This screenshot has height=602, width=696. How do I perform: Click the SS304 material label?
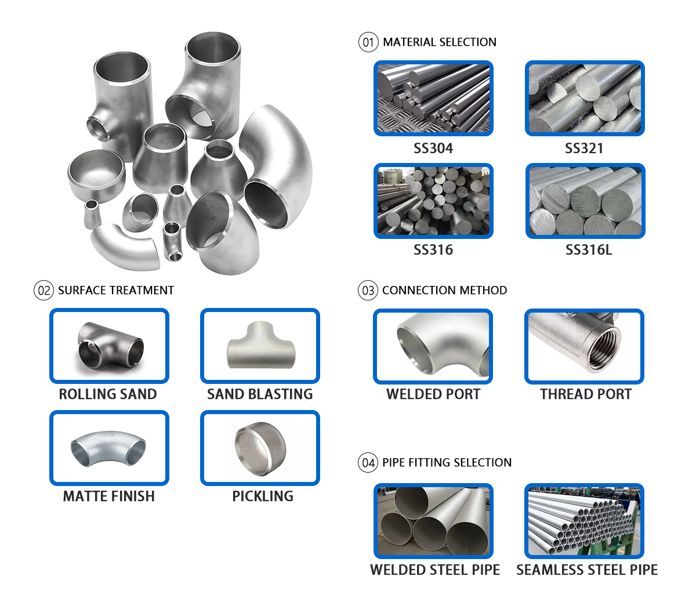tap(433, 148)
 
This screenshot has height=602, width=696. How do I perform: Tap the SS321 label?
tap(584, 148)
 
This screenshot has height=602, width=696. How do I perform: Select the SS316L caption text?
tap(588, 250)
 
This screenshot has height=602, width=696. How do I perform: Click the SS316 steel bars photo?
tap(433, 201)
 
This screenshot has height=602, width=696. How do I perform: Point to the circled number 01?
tap(368, 42)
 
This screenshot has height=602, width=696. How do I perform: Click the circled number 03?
tap(368, 291)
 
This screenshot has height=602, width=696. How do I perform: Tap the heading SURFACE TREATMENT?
tap(116, 291)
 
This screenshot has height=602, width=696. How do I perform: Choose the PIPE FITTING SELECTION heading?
tap(447, 463)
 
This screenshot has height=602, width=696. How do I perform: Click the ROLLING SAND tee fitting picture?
tap(109, 346)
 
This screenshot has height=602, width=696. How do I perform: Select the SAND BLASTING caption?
tap(260, 394)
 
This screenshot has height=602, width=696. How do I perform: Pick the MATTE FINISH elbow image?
tap(109, 448)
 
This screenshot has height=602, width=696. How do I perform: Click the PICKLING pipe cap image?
tap(260, 448)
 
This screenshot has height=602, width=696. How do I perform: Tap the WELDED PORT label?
tap(433, 394)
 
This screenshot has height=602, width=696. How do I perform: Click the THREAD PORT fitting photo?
tap(584, 346)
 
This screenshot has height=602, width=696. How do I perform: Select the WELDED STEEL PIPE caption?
tap(435, 570)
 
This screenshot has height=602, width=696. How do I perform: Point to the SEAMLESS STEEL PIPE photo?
tap(584, 521)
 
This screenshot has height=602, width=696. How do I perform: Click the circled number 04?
tap(368, 463)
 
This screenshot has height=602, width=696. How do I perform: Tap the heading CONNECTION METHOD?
tap(444, 291)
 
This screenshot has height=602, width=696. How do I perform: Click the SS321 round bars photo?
tap(585, 99)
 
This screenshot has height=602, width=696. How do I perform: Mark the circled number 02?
tap(44, 291)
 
